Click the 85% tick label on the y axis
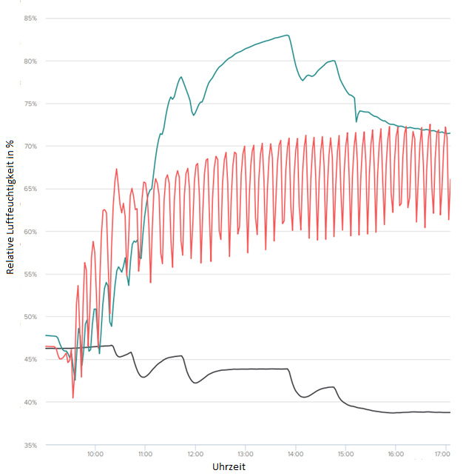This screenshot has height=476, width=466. tap(30, 19)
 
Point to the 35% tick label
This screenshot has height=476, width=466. tap(30, 446)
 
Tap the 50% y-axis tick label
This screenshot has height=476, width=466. tap(30, 317)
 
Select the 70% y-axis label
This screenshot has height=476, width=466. tap(30, 147)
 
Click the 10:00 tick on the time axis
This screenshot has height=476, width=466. tap(95, 454)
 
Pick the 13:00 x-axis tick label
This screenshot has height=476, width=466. tap(245, 454)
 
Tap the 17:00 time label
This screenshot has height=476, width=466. tap(442, 454)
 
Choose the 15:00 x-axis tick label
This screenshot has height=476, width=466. tap(345, 454)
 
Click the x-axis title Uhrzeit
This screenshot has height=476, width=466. tap(229, 466)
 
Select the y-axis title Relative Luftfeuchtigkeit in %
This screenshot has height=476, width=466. tap(10, 207)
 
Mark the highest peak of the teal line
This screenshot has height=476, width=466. tap(287, 36)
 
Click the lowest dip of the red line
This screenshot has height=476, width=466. tap(72, 398)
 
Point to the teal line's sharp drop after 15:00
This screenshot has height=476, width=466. tap(356, 110)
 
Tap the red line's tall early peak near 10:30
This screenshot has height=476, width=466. tap(116, 169)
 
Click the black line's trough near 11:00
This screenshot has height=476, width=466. tap(143, 377)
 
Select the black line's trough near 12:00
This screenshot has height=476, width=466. tap(195, 383)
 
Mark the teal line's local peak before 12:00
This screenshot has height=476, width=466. tap(181, 77)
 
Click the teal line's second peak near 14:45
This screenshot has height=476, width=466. tap(334, 61)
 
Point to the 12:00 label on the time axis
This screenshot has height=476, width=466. tap(195, 454)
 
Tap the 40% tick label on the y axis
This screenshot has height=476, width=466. tap(30, 403)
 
